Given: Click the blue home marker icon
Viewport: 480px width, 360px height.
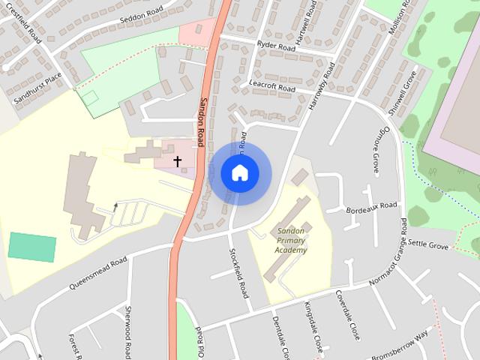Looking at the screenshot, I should (239, 172).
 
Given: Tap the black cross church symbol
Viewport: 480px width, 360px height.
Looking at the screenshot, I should (178, 160).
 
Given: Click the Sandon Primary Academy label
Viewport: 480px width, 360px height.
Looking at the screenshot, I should (290, 240).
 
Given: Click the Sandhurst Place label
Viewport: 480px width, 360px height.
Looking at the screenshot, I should (33, 88).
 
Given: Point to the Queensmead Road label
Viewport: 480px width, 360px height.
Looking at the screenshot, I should (95, 274).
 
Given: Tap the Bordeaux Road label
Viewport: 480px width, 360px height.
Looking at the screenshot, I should (372, 206).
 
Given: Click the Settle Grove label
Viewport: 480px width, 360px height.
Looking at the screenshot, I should (427, 245).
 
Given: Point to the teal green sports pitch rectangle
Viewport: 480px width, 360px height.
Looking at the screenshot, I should (32, 247).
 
